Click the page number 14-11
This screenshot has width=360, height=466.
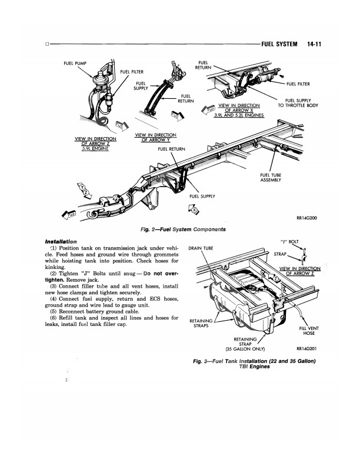pyautogui.click(x=314, y=44)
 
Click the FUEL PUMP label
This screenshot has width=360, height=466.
pyautogui.click(x=75, y=64)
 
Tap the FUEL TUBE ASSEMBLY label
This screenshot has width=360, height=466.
pyautogui.click(x=271, y=178)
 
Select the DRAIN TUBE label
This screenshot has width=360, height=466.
pyautogui.click(x=201, y=248)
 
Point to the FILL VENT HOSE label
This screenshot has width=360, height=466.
pyautogui.click(x=309, y=331)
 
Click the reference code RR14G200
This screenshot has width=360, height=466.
pyautogui.click(x=307, y=218)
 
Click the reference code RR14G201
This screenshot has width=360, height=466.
pyautogui.click(x=306, y=348)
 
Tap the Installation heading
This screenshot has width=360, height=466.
pyautogui.click(x=61, y=242)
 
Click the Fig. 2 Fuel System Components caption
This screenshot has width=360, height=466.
pyautogui.click(x=183, y=229)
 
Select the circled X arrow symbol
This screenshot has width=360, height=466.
pyautogui.click(x=194, y=209)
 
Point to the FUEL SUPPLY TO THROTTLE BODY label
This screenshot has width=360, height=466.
pyautogui.click(x=298, y=103)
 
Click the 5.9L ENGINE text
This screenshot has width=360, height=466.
pyautogui.click(x=95, y=148)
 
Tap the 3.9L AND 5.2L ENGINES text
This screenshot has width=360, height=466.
pyautogui.click(x=239, y=115)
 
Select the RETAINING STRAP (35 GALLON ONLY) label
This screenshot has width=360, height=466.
pyautogui.click(x=245, y=344)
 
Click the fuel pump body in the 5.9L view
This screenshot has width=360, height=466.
pyautogui.click(x=101, y=79)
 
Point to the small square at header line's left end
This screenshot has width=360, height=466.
pyautogui.click(x=47, y=44)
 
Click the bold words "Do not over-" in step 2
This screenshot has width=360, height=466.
pyautogui.click(x=161, y=274)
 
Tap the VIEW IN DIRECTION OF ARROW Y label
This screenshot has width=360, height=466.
pyautogui.click(x=156, y=137)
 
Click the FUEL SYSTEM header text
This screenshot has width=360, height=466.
pyautogui.click(x=279, y=44)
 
